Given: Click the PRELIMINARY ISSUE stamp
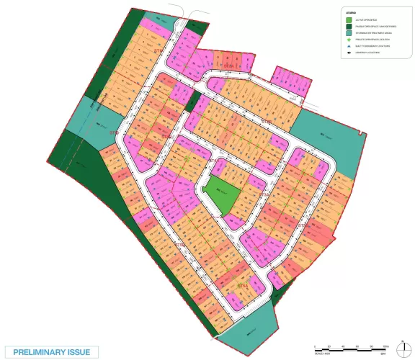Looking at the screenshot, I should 51,352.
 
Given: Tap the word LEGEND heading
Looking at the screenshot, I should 352,13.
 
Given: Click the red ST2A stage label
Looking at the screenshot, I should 180,245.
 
